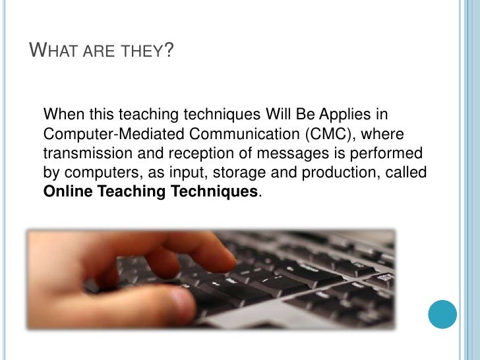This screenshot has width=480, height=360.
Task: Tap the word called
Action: [x=410, y=173]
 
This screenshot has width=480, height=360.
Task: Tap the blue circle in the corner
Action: [x=442, y=315]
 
